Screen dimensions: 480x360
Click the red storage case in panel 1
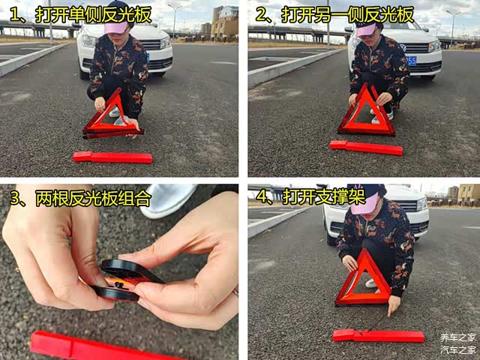pos(112,157)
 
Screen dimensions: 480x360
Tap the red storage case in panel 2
pos(366,148)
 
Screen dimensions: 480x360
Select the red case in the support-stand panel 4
pos(378,336)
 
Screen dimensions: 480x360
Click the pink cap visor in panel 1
pos(116,27)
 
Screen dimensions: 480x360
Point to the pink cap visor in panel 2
pos(366,30)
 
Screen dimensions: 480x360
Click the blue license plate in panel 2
pos(411,61)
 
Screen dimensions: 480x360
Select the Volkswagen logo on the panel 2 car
pos(403,47)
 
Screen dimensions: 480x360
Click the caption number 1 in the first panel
pos(15,15)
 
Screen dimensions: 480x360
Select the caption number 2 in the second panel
pos(261,15)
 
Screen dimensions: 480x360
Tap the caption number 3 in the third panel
pos(16,198)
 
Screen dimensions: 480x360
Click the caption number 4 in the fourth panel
pos(262,196)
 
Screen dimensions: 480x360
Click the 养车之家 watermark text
pos(457,337)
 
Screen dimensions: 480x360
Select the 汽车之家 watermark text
pos(457,349)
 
